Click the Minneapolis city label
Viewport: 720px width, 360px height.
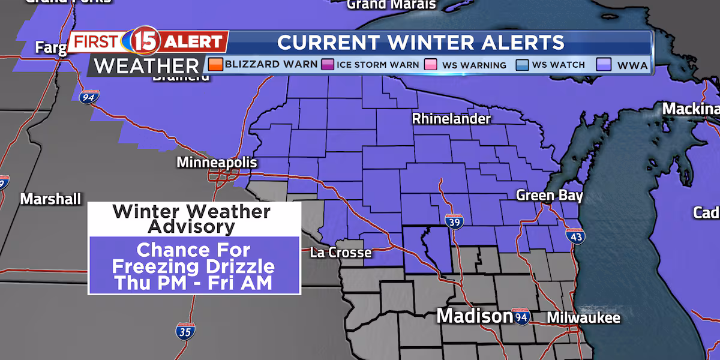tap(217, 163)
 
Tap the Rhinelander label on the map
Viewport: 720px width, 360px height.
tap(451, 119)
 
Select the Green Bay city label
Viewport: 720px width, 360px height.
tap(550, 196)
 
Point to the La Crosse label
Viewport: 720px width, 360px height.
tap(341, 253)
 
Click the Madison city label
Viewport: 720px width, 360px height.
tap(474, 316)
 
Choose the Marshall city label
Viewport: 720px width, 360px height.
tap(51, 199)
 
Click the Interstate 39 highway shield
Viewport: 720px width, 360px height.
tap(454, 221)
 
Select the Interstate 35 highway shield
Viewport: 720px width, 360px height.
tap(185, 330)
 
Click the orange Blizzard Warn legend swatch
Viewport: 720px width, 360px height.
tap(215, 64)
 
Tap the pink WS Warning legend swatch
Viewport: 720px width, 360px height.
tap(430, 64)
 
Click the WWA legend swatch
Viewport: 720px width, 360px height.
tap(605, 64)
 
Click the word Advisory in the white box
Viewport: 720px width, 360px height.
tap(191, 226)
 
